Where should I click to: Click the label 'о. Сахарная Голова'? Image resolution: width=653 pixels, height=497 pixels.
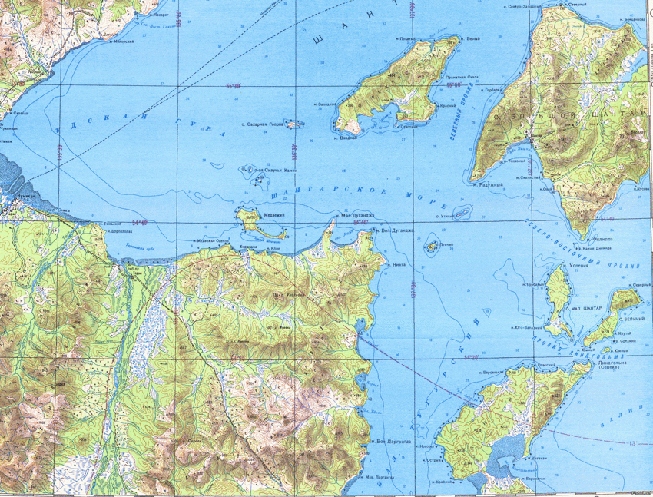pos(264,124)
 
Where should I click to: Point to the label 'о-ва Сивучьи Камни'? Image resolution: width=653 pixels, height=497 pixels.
pos(275,171)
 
